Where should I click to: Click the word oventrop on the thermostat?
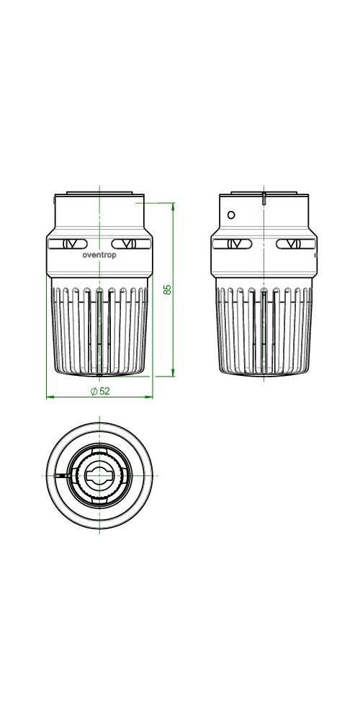(99, 256)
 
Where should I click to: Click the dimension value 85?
(168, 289)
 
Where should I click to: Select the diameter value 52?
(104, 391)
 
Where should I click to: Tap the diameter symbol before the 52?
(94, 391)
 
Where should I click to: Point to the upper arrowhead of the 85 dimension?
(173, 206)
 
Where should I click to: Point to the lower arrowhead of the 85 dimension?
(173, 373)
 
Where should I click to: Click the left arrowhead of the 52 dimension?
(50, 397)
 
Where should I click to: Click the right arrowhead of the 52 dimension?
(149, 397)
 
